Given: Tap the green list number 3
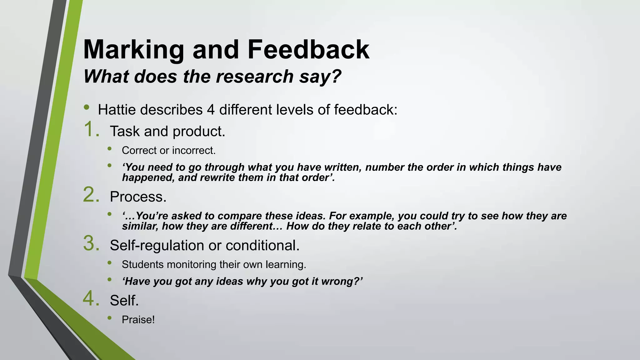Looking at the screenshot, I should pos(91,244).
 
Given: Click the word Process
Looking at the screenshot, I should pos(138,197).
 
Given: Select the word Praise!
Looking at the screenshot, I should pos(138,320).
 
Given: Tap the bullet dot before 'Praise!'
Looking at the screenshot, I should pos(109,318).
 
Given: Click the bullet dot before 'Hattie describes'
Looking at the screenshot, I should pos(86,108).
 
